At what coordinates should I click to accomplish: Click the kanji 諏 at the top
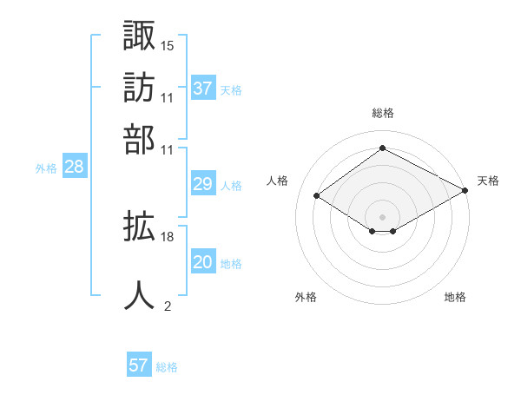[139, 35]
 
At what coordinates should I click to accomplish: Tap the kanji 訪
[139, 88]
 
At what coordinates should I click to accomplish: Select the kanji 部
[139, 140]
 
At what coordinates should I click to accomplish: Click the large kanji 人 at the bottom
[139, 295]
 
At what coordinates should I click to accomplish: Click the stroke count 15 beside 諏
[167, 46]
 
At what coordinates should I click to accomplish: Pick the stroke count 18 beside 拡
[167, 237]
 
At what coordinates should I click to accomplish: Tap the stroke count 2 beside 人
[168, 306]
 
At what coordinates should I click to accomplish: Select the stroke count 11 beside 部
[167, 150]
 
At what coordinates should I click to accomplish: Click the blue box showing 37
[203, 88]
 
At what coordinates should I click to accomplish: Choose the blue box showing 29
[203, 183]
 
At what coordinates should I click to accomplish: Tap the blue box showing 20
[203, 260]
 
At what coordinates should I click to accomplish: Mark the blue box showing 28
[75, 166]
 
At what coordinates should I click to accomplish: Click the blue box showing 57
[139, 364]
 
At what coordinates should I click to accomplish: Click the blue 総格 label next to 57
[167, 367]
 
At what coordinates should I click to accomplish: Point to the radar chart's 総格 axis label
[383, 113]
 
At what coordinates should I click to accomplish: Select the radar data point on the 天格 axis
[465, 190]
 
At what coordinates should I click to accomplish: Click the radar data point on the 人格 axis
[316, 195]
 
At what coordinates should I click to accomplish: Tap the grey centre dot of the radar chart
[382, 217]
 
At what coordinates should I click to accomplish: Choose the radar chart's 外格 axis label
[306, 297]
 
